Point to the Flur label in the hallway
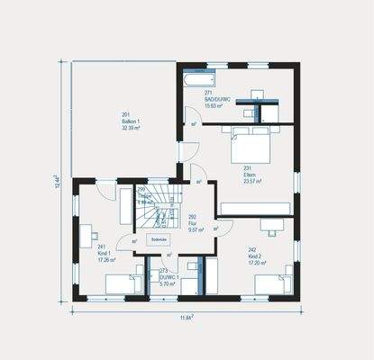coord(192,223)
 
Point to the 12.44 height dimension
coord(56,184)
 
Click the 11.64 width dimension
coord(188,317)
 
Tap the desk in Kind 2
coord(270,224)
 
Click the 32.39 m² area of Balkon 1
coord(126,128)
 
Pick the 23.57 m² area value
coord(251,181)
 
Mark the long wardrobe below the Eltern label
coord(255,209)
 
